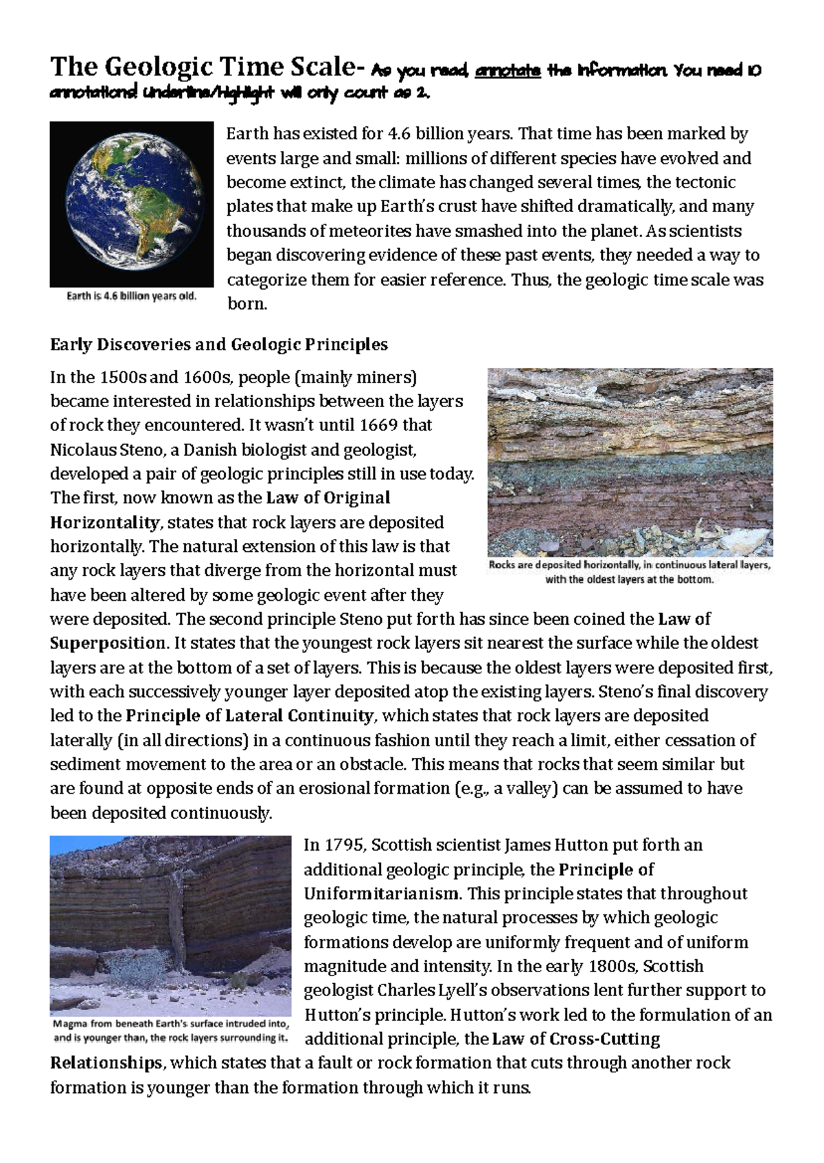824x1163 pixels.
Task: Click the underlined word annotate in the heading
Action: coord(508,71)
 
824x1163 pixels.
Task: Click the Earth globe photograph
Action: coord(132,204)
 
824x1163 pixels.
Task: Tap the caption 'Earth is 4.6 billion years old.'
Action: coord(132,297)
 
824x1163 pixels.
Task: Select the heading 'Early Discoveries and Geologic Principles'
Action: coord(219,345)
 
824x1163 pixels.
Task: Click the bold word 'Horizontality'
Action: coord(104,523)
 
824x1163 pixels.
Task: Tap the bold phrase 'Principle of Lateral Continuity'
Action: coord(250,716)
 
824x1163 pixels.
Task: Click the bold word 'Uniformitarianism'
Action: coord(381,894)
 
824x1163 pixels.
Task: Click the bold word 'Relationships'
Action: coord(106,1063)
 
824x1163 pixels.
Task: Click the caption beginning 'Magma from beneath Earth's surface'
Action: coord(171,1031)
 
